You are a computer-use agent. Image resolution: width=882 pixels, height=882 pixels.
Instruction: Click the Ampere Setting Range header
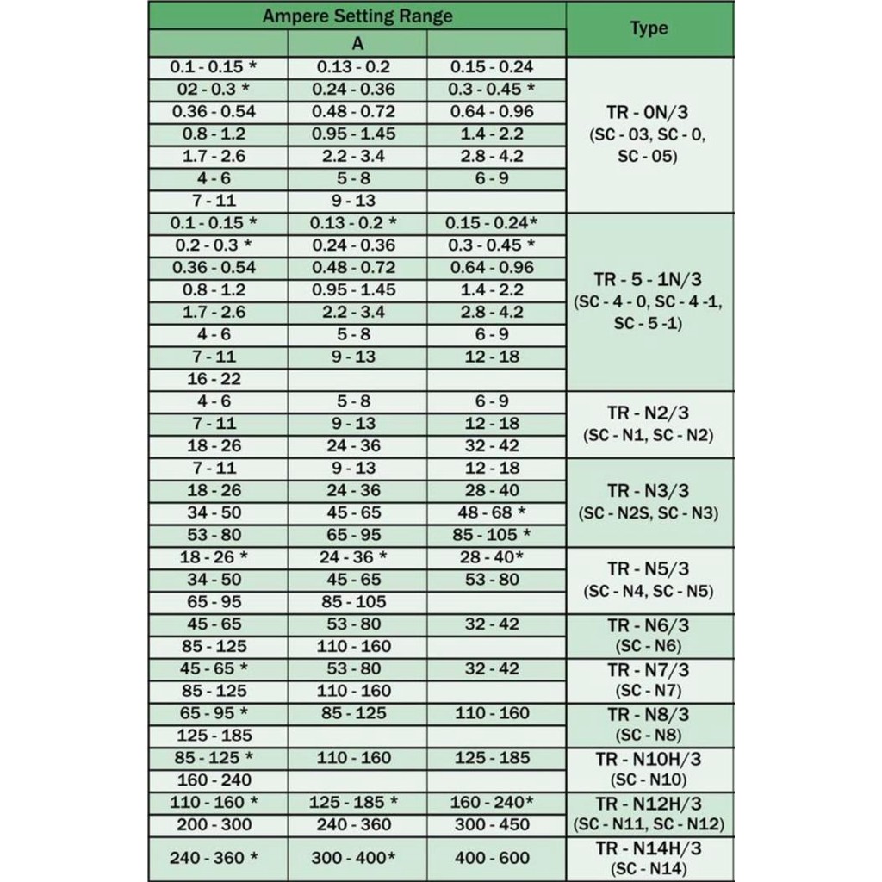coord(357,16)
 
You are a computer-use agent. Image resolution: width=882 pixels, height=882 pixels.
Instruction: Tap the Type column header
coord(649,28)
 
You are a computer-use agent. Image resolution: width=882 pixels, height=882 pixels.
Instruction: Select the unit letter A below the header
coord(357,44)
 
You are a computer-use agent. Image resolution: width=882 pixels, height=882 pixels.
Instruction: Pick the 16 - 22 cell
coord(214,379)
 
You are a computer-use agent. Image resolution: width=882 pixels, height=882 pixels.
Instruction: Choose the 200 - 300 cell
coord(214,824)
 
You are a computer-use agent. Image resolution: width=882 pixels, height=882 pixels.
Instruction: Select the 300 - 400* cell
coord(357,858)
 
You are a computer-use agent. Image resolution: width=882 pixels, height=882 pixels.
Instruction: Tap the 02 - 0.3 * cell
coord(214,89)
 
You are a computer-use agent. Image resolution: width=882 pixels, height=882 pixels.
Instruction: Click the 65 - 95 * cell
coord(214,713)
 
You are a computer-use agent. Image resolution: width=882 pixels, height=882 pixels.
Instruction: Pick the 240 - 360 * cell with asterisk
coord(214,858)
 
